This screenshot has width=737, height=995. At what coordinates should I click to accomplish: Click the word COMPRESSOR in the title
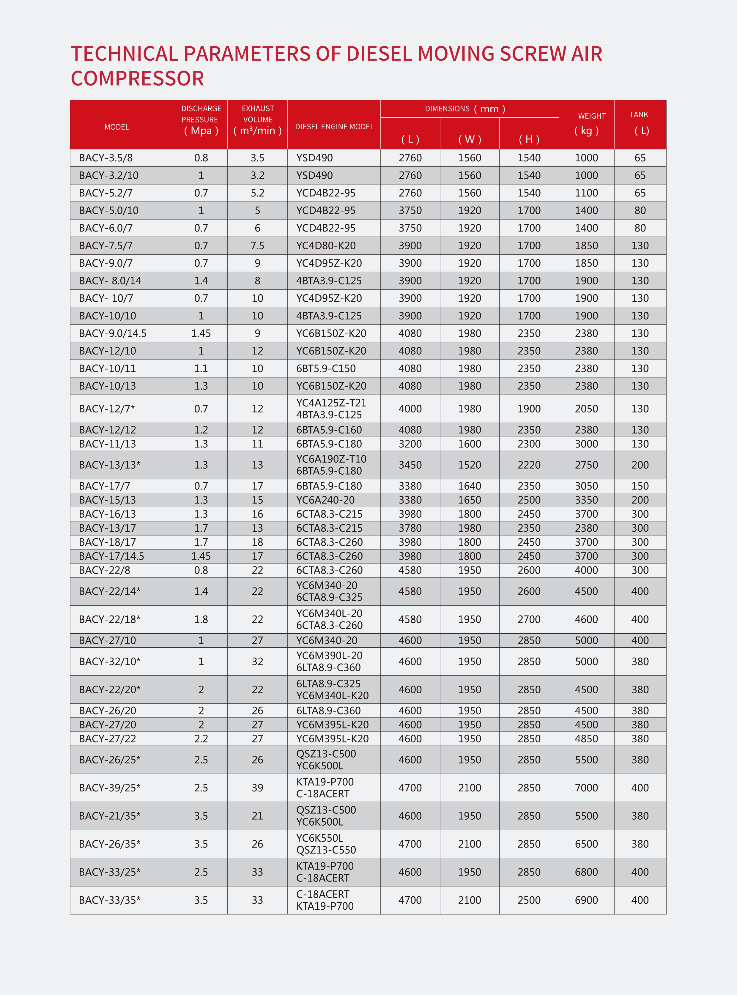tap(137, 78)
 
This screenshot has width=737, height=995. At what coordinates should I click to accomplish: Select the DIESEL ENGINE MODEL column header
tap(334, 127)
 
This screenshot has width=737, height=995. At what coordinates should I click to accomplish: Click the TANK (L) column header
tap(640, 123)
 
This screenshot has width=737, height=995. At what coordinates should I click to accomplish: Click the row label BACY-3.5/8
tap(106, 158)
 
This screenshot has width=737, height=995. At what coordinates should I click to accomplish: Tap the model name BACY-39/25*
tap(109, 788)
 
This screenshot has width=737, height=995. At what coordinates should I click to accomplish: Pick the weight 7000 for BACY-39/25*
tap(586, 788)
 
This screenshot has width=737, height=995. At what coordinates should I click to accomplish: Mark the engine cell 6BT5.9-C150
tap(326, 369)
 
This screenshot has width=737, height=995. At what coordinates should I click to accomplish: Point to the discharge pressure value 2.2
tap(201, 739)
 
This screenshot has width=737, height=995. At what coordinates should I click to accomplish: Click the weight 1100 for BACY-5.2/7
tap(586, 193)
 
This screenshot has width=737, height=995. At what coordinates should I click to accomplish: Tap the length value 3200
tap(410, 444)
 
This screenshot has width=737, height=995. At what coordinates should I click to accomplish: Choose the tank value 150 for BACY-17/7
tap(640, 486)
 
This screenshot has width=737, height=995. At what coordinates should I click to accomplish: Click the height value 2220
tap(529, 465)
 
